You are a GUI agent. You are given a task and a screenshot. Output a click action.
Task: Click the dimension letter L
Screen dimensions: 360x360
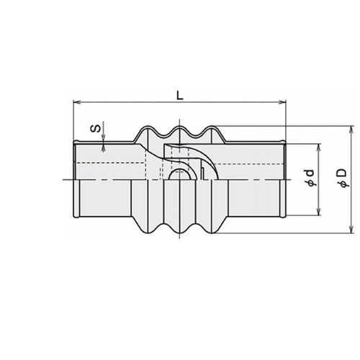click(x=180, y=96)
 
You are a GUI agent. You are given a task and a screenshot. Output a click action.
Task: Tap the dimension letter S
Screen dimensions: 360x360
click(x=95, y=129)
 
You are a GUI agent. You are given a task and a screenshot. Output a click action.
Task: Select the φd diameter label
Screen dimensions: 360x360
click(x=310, y=178)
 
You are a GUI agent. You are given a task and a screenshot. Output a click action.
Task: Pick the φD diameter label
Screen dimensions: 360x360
click(x=343, y=178)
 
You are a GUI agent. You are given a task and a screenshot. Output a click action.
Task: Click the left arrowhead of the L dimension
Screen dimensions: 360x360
click(x=76, y=102)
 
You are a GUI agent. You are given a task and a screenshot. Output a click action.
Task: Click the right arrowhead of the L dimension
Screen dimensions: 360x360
click(x=282, y=102)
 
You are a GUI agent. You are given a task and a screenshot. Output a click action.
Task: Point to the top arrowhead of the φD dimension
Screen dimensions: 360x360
click(x=351, y=130)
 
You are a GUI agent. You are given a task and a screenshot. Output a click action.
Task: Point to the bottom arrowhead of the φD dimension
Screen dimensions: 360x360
click(x=351, y=230)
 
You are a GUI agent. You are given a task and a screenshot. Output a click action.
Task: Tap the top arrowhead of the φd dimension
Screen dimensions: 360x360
click(x=319, y=148)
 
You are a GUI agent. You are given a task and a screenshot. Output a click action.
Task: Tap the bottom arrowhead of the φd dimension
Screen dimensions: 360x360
click(x=319, y=212)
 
